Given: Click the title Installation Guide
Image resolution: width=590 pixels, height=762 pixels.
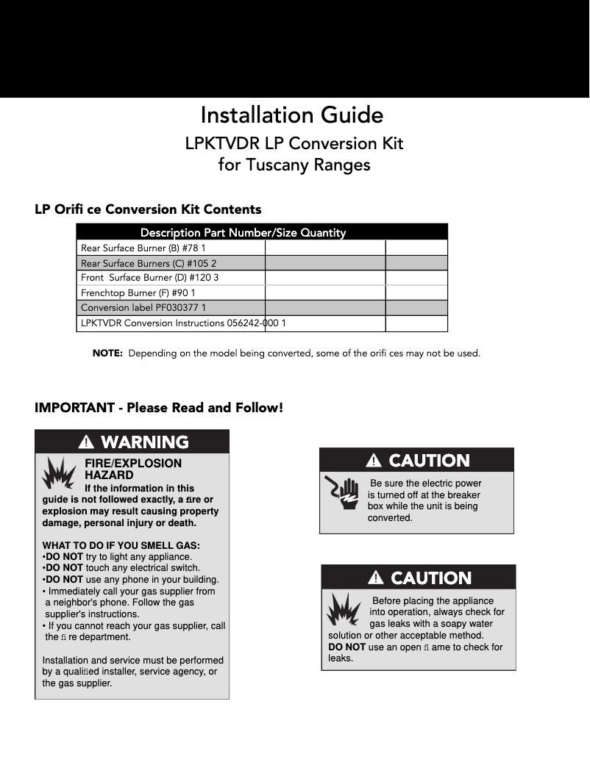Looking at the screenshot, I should tap(291, 115).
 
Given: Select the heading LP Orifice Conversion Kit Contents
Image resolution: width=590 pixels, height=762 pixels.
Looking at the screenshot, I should tap(148, 209).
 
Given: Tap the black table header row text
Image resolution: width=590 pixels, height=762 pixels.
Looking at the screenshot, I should tap(243, 232).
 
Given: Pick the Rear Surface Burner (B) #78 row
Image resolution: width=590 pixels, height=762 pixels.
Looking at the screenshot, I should tap(143, 248).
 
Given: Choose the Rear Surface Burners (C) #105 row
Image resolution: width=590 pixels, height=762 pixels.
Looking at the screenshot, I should tap(149, 263).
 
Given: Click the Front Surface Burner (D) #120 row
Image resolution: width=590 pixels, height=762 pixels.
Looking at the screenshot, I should tap(150, 278).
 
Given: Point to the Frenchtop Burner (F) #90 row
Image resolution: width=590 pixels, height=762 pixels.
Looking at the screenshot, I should tap(138, 292).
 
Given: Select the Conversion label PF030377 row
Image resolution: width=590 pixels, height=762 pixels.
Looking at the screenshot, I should tap(143, 308).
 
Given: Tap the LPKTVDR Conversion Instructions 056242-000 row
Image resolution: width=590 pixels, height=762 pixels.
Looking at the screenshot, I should tap(183, 323).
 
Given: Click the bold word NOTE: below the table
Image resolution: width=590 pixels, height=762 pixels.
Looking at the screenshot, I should tap(107, 353).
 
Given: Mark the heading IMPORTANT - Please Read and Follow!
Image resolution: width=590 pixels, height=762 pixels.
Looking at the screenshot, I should tap(159, 407).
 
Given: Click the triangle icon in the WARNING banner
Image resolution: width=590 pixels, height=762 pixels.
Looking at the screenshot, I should tap(87, 442).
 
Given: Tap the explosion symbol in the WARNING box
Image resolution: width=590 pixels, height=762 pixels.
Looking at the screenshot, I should tap(59, 474).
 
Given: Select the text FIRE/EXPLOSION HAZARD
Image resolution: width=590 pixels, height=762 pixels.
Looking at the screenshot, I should tap(133, 470).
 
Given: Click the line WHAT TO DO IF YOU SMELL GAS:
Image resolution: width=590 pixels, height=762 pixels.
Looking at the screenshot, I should tap(121, 545).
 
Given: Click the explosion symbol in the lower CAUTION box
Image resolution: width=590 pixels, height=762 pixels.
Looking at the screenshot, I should tap(344, 607).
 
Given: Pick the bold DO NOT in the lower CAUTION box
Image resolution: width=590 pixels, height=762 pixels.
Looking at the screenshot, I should tap(346, 647).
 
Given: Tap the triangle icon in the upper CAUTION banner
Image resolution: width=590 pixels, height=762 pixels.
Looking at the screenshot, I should tap(374, 461).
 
